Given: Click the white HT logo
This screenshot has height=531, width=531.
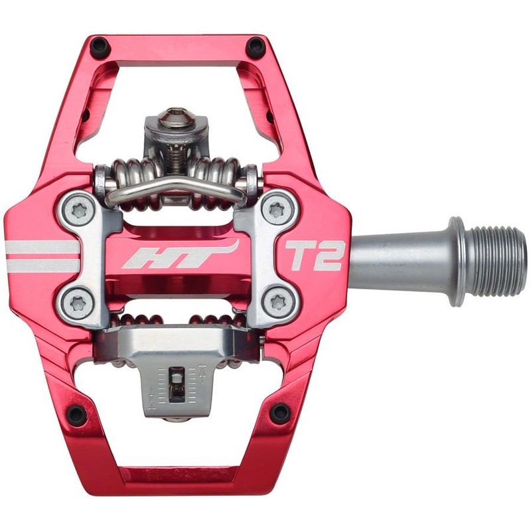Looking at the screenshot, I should pos(180,256).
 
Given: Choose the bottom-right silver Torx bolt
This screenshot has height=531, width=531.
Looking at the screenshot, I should pos(277,304).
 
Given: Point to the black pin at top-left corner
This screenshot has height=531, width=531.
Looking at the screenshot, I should pos(100,47).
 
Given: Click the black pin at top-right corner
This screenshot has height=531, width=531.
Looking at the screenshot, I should pos(256,47).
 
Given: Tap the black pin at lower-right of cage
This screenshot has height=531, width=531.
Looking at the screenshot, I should pos(280,413).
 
